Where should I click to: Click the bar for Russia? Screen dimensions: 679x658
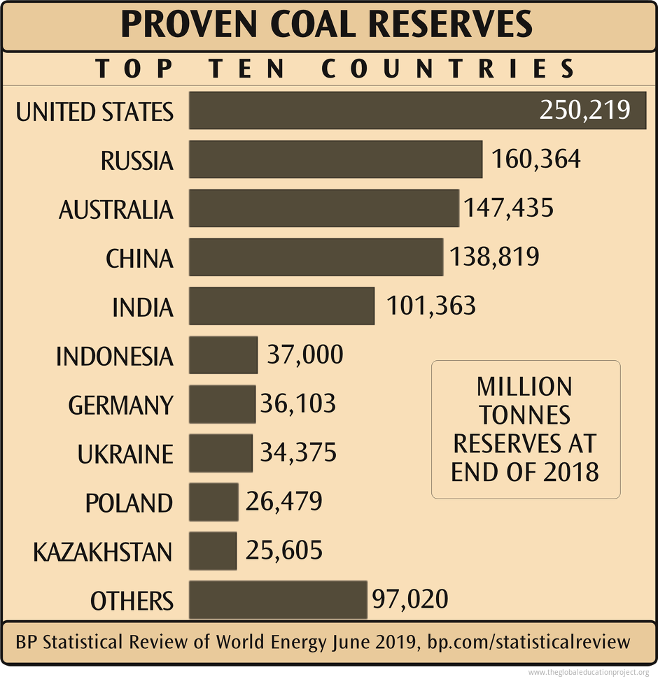click(x=335, y=159)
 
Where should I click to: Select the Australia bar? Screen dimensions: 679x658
click(x=323, y=208)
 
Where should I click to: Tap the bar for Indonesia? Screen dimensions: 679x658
click(x=223, y=355)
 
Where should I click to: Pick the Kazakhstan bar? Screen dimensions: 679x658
click(x=213, y=551)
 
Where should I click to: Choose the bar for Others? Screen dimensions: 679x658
click(x=278, y=600)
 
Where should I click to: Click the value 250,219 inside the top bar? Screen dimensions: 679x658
click(x=584, y=110)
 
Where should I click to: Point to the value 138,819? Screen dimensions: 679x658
click(x=495, y=257)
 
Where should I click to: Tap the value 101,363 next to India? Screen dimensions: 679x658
click(x=431, y=306)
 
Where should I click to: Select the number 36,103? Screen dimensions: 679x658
click(x=297, y=404)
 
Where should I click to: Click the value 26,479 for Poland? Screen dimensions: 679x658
click(x=283, y=502)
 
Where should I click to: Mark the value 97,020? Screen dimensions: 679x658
click(x=409, y=600)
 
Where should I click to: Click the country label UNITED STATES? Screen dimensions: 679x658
click(x=94, y=112)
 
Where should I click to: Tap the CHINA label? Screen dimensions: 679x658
click(x=139, y=259)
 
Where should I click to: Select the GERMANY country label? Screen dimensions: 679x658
click(x=120, y=406)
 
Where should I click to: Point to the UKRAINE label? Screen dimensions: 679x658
click(x=125, y=455)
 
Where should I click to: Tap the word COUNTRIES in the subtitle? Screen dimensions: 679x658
click(x=448, y=69)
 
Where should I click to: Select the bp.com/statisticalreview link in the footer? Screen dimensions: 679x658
click(x=529, y=641)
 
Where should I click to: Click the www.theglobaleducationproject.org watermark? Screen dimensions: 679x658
click(x=589, y=672)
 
